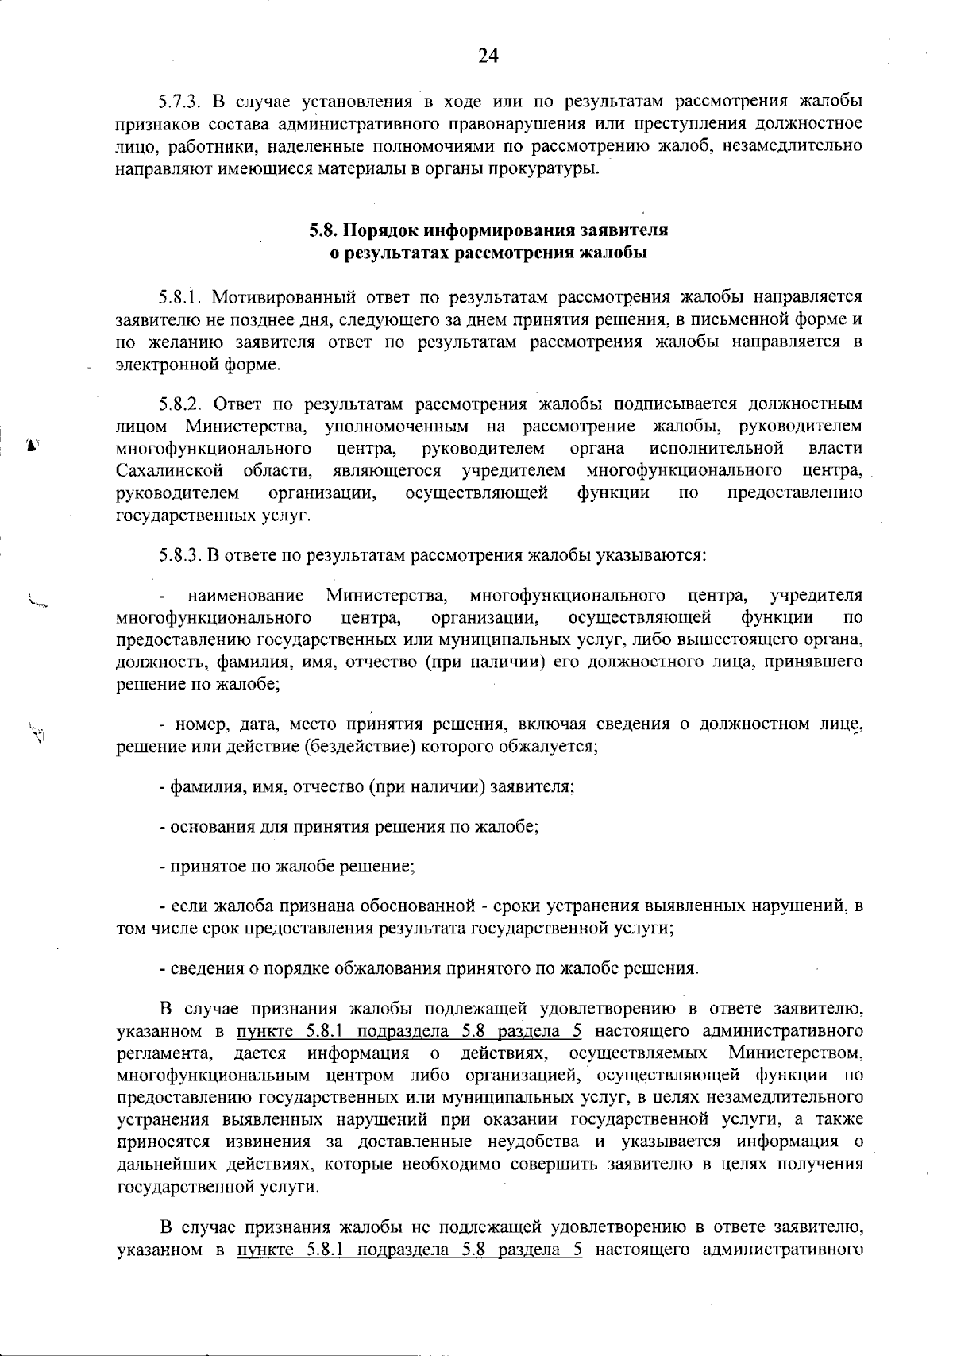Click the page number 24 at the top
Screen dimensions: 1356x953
(x=488, y=56)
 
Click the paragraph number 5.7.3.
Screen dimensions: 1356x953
(x=183, y=102)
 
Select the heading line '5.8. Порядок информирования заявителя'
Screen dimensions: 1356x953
(x=488, y=231)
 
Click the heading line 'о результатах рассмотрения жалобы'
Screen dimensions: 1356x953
(x=488, y=253)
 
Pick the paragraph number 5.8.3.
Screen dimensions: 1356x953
(x=182, y=554)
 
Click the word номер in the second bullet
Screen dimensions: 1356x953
(x=195, y=724)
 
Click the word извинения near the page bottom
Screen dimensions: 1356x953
(x=268, y=1142)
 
